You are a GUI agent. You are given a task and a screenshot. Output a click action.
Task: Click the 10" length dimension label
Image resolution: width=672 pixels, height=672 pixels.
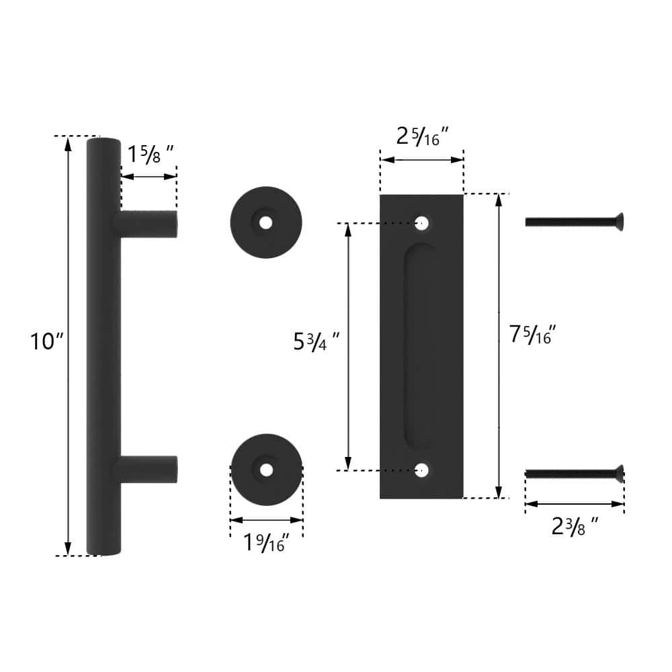47,341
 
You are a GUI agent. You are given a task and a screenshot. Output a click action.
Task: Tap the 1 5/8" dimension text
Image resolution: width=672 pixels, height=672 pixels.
151,154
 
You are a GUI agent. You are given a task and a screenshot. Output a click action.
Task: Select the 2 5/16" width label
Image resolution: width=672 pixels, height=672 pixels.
422,136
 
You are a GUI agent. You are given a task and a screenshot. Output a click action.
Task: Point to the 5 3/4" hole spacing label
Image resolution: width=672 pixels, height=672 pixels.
317,341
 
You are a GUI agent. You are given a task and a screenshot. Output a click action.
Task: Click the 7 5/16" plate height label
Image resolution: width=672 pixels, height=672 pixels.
532,334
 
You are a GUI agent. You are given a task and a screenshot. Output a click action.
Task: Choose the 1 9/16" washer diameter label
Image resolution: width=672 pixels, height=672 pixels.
266,542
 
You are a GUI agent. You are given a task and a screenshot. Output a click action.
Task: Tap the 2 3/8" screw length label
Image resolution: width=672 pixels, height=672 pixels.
575,526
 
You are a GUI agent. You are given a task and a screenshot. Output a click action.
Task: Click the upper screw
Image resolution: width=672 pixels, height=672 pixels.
575,222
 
